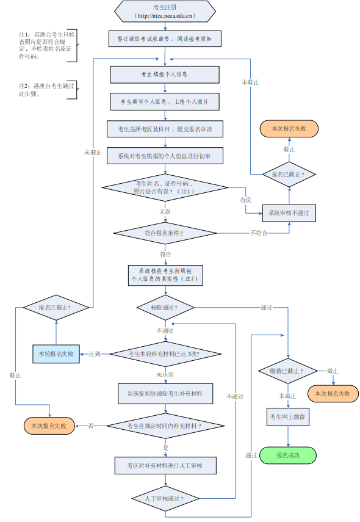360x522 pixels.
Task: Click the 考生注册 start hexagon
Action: [165, 10]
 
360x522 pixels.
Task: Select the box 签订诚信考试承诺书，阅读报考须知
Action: [165, 38]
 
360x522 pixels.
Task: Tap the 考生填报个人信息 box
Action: [165, 74]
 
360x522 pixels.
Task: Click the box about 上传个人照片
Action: [165, 101]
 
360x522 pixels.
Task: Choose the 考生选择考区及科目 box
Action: [165, 129]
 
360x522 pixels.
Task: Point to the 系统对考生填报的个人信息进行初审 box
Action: [165, 156]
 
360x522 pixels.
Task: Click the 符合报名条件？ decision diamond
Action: [165, 233]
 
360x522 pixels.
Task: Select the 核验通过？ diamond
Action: [165, 308]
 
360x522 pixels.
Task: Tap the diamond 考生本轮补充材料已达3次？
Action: [165, 353]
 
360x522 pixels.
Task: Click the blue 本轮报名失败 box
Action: [56, 353]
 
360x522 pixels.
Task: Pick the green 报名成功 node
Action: [288, 455]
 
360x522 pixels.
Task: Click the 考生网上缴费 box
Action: [288, 418]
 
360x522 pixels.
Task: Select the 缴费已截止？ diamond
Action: [288, 371]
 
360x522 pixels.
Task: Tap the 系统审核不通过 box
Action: [289, 213]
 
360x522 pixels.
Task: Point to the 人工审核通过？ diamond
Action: [165, 498]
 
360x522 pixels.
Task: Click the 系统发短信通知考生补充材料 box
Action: [165, 394]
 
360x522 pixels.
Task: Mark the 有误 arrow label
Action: [245, 200]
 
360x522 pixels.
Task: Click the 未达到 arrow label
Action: [165, 375]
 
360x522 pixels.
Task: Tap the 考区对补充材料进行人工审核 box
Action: [165, 466]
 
